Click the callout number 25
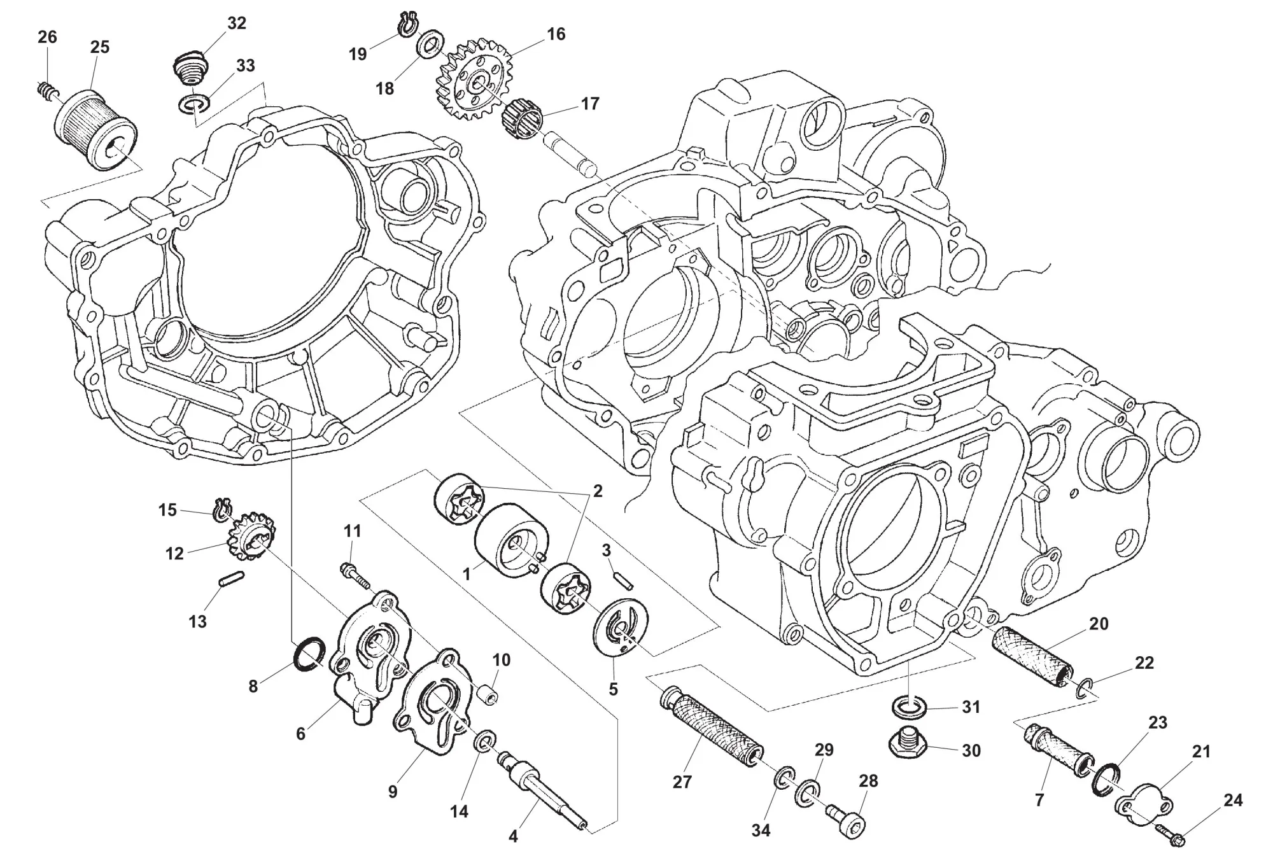[99, 47]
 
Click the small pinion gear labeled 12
[252, 538]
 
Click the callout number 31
[971, 707]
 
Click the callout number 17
[590, 103]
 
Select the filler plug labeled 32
[189, 69]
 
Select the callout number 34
[761, 830]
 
